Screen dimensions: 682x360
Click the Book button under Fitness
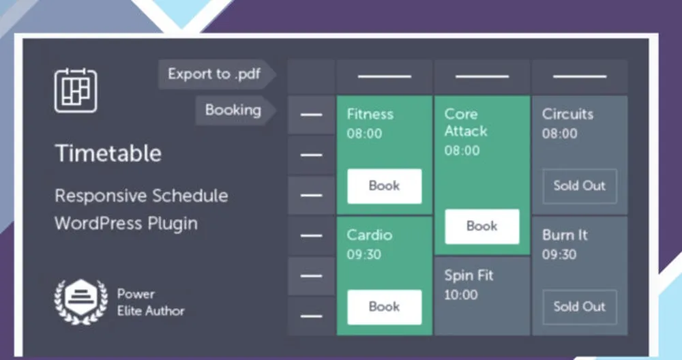(385, 186)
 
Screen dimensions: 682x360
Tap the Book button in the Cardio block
(385, 307)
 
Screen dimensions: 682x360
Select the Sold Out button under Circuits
(580, 186)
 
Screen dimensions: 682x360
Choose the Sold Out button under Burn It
(580, 307)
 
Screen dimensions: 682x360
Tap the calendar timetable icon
(76, 91)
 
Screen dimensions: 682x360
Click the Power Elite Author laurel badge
(81, 301)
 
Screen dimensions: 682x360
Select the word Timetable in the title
(108, 153)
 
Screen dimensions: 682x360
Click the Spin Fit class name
(469, 275)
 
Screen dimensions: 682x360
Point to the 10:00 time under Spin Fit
(461, 295)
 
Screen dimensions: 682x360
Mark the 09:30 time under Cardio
(364, 254)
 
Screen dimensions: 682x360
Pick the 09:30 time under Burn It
(559, 254)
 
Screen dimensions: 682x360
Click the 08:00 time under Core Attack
(462, 151)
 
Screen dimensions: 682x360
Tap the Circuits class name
(567, 114)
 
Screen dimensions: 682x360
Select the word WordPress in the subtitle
(98, 224)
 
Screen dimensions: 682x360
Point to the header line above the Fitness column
(385, 76)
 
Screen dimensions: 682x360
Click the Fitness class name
(370, 114)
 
